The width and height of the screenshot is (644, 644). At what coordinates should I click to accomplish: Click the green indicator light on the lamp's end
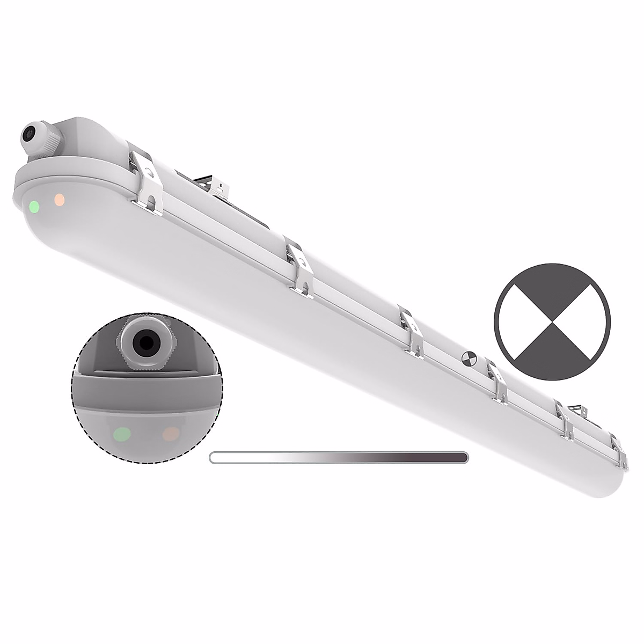pyautogui.click(x=34, y=206)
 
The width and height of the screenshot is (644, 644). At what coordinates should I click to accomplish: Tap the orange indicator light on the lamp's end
pyautogui.click(x=60, y=200)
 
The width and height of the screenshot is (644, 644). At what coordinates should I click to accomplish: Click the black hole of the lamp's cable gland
pyautogui.click(x=31, y=132)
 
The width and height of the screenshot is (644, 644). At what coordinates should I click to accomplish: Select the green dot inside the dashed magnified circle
pyautogui.click(x=123, y=433)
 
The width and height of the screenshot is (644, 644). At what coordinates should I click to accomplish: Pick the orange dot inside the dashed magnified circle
pyautogui.click(x=171, y=432)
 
